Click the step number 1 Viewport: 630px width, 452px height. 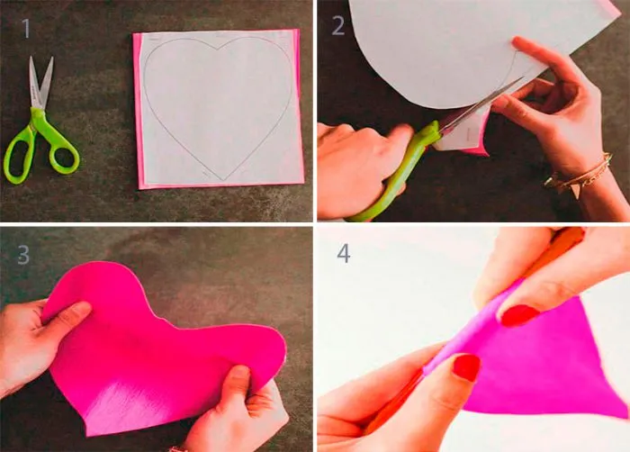[26, 28]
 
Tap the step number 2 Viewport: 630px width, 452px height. [338, 26]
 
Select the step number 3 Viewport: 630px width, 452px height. [23, 255]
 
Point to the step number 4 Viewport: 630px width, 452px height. [344, 254]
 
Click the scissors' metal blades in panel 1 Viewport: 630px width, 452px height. [40, 83]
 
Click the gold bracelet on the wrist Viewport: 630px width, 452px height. [579, 175]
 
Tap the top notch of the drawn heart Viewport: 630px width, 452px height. [218, 50]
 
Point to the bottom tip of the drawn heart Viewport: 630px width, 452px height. [223, 180]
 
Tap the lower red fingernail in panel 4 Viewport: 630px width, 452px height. [467, 367]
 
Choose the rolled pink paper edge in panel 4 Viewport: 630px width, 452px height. [462, 334]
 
